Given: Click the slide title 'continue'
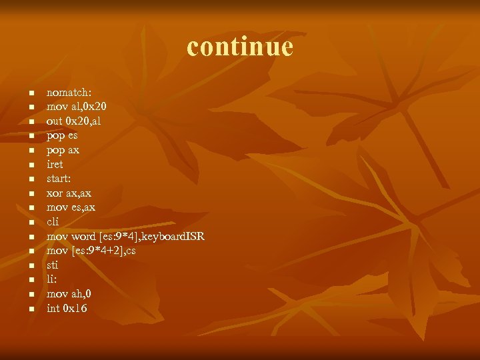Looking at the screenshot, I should tap(240, 47).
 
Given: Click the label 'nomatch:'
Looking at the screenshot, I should tap(69, 92).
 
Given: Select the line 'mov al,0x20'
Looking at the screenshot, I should tap(77, 106).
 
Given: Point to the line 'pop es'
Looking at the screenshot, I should tap(62, 135).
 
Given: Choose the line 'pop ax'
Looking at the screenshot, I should tap(63, 150).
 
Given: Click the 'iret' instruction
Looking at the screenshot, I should tap(55, 164).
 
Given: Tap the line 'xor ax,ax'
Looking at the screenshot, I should tap(69, 193).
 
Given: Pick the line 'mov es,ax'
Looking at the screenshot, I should tap(71, 207).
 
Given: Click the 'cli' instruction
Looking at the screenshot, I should tap(53, 221).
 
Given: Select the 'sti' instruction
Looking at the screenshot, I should tap(52, 265).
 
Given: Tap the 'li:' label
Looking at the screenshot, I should tap(51, 279).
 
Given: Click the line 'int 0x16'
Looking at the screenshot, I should tap(67, 308).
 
